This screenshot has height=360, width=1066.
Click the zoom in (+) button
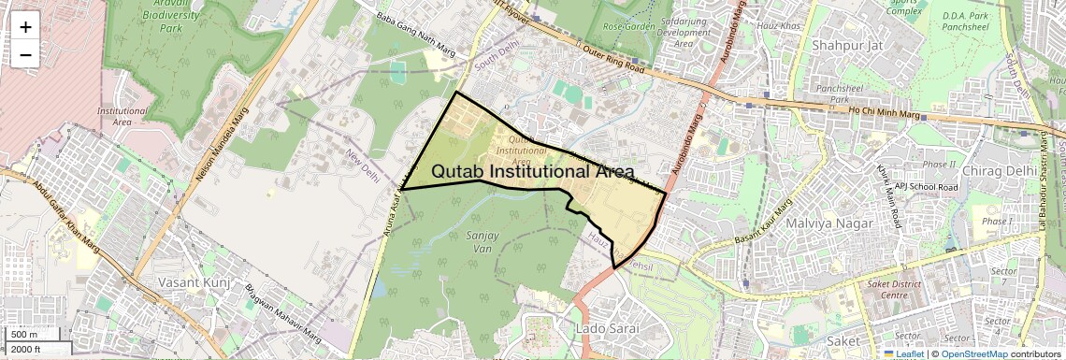coord(25,27)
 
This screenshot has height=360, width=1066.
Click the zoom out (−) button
coord(25,54)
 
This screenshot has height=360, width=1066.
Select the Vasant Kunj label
coord(195,281)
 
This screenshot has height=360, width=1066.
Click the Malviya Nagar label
coord(828,223)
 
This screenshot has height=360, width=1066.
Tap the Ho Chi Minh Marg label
coord(885,113)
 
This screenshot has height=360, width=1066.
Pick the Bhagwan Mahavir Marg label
coord(277,297)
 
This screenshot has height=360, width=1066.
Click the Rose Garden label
coord(626,25)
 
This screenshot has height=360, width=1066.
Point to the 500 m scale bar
coord(24,335)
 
